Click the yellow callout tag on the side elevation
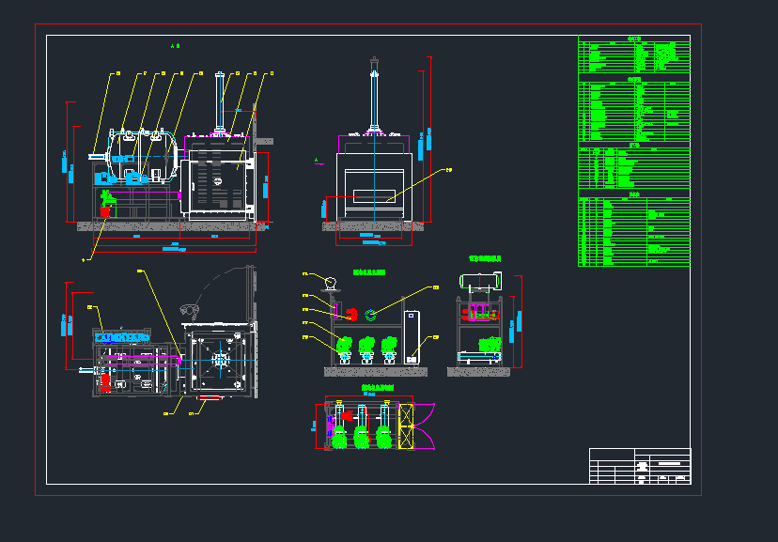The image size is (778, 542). pyautogui.click(x=448, y=170)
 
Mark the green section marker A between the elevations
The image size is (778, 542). pyautogui.click(x=317, y=161)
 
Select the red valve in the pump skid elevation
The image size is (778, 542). pyautogui.click(x=350, y=315)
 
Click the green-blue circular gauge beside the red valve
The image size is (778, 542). pyautogui.click(x=371, y=315)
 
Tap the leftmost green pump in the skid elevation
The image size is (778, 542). pyautogui.click(x=344, y=345)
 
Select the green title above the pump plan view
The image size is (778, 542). pyautogui.click(x=378, y=387)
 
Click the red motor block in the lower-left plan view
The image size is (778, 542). pyautogui.click(x=106, y=381)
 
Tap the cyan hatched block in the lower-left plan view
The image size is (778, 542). pyautogui.click(x=122, y=335)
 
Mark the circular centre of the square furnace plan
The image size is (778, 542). pyautogui.click(x=221, y=358)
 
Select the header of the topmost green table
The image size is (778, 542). pyautogui.click(x=634, y=39)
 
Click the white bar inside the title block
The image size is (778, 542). pyautogui.click(x=668, y=463)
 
